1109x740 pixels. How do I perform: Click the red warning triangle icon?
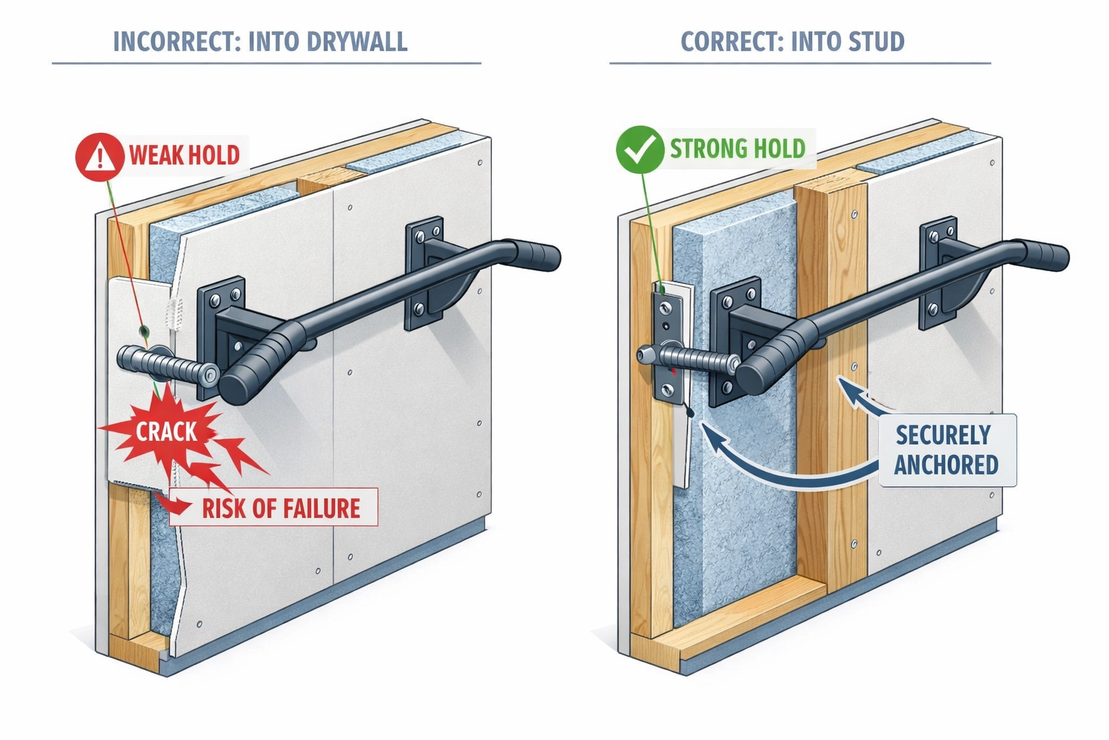click(x=100, y=155)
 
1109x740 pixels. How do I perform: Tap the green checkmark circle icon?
click(x=640, y=150)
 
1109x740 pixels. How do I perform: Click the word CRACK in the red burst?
click(x=166, y=432)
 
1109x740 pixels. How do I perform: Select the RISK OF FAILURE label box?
click(x=274, y=507)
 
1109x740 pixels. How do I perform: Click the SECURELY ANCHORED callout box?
click(x=947, y=450)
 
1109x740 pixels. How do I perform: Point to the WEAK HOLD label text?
click(x=184, y=155)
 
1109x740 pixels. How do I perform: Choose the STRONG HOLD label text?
click(x=737, y=149)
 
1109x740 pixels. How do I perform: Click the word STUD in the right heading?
click(x=877, y=42)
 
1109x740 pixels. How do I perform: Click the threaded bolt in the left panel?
click(x=166, y=365)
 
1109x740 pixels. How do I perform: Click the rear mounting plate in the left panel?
click(x=424, y=273)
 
